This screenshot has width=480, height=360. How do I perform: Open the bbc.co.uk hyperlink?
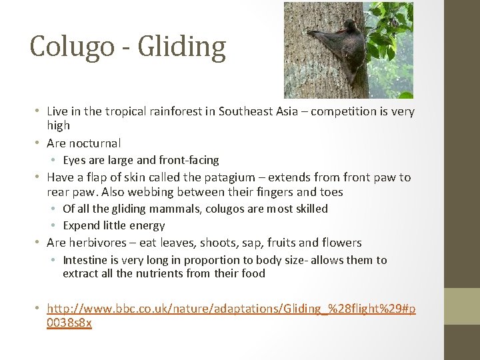pyautogui.click(x=231, y=309)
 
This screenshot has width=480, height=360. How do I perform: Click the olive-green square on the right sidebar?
pyautogui.click(x=462, y=305)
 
